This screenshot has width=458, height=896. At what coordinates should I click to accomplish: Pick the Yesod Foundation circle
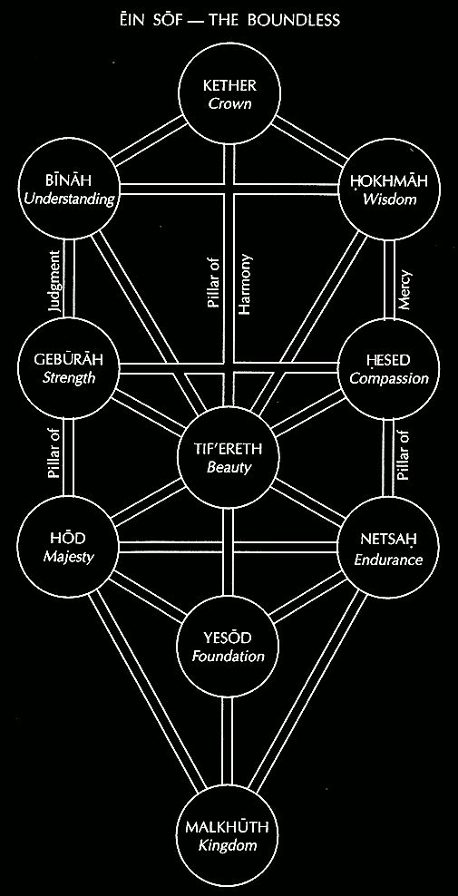click(229, 647)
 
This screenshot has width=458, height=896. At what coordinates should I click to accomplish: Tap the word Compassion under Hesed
click(389, 379)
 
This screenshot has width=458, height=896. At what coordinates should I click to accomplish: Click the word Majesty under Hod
click(68, 557)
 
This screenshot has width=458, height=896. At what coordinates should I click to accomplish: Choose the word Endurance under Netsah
click(388, 559)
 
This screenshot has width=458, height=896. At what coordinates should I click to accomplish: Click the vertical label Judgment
click(55, 280)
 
